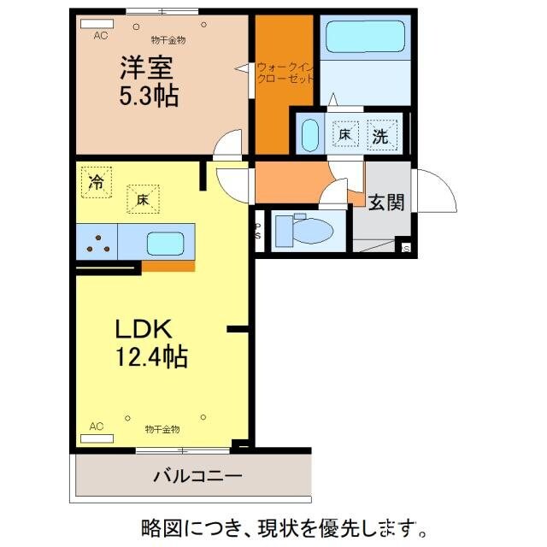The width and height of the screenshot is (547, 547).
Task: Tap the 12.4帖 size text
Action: pyautogui.click(x=152, y=356)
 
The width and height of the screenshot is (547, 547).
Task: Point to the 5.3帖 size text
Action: pyautogui.click(x=148, y=97)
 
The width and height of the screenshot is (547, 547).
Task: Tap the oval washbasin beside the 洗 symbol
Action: pyautogui.click(x=309, y=134)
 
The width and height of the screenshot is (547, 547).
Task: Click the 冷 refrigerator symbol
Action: pyautogui.click(x=96, y=181)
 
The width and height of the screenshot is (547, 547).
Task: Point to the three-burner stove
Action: pyautogui.click(x=96, y=244)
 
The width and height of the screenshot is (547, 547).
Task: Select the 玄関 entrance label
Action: pyautogui.click(x=386, y=202)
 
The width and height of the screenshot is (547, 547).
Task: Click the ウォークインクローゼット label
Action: pyautogui.click(x=285, y=73)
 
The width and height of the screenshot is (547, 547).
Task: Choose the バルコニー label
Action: pyautogui.click(x=197, y=476)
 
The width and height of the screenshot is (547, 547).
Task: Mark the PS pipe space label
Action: pyautogui.click(x=258, y=232)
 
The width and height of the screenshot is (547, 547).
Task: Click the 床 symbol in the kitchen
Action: pyautogui.click(x=142, y=199)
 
